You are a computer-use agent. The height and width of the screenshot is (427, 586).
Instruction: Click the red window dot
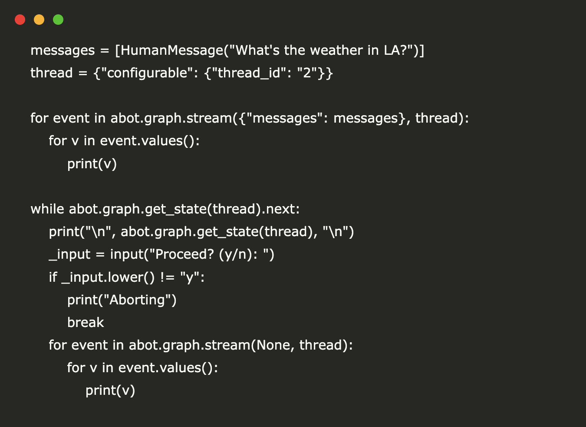tap(20, 20)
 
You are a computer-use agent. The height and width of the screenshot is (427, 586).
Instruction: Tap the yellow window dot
tap(39, 20)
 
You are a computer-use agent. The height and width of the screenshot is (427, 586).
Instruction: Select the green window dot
tap(58, 20)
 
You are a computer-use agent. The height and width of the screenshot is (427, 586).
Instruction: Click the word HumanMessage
tap(172, 50)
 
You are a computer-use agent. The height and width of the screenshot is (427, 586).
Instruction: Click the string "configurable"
tap(147, 73)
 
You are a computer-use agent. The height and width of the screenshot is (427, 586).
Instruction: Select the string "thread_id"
tap(249, 73)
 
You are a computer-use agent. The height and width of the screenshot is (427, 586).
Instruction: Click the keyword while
tap(47, 209)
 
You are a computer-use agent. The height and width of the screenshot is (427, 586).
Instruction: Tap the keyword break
tap(86, 322)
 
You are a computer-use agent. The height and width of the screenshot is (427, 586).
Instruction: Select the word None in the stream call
tap(273, 345)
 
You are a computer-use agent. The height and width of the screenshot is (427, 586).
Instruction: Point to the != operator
tap(168, 277)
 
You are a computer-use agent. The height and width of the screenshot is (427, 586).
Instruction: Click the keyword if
tap(53, 277)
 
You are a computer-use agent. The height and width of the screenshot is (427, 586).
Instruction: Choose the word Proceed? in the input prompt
tap(184, 254)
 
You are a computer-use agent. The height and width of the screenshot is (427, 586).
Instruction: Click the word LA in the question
tap(392, 50)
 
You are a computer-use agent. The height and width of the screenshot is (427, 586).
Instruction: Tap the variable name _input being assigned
tap(69, 255)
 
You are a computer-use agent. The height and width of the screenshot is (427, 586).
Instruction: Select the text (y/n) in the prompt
tap(236, 255)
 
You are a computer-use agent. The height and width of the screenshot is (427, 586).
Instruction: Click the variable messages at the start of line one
tap(63, 51)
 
